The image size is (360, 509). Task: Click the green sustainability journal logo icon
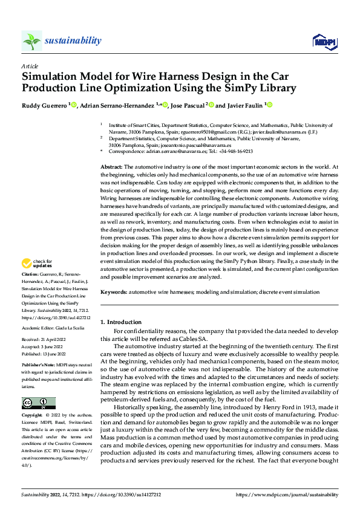pos(31,41)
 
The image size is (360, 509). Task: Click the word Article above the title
pos(30,65)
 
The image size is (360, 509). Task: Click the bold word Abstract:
pos(112,166)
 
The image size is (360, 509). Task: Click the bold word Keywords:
pos(114,292)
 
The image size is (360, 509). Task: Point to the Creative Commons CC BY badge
pos(38,403)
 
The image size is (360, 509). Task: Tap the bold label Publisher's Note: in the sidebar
pos(38,366)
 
